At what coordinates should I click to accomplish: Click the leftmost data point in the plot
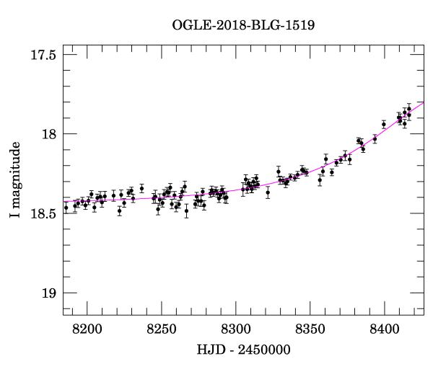(66, 208)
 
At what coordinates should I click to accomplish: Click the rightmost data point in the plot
(409, 110)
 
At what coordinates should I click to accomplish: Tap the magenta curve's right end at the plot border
(424, 102)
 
